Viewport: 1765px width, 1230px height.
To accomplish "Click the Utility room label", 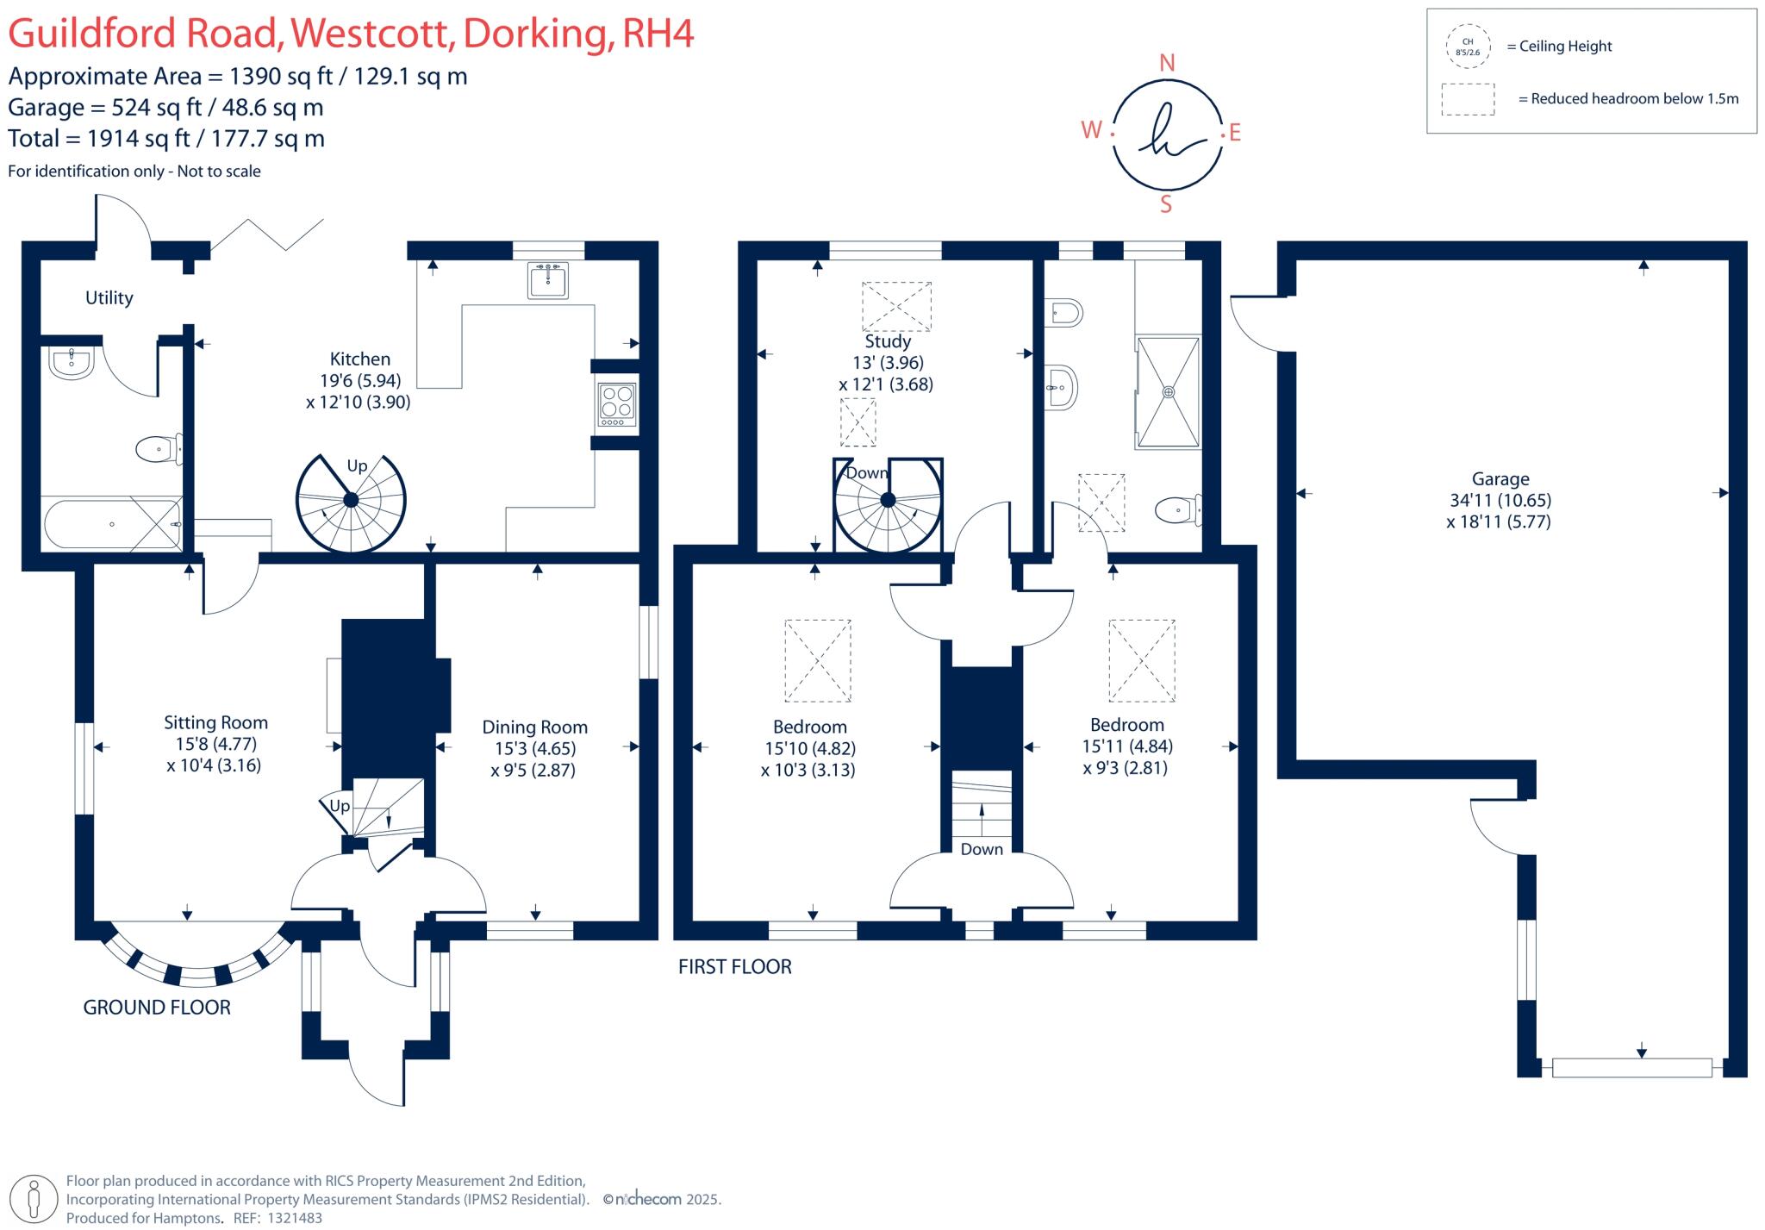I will click(109, 298).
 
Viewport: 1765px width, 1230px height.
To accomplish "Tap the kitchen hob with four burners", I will click(617, 404).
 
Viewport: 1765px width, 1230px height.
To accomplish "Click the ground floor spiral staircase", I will click(351, 501).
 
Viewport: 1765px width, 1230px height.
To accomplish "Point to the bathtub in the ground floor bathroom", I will click(112, 524).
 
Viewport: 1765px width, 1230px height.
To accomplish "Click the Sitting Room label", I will click(215, 723).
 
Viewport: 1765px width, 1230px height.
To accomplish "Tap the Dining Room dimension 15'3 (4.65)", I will click(534, 748).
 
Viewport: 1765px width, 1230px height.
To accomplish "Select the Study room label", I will click(887, 341).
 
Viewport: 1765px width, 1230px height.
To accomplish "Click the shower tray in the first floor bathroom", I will click(1169, 392).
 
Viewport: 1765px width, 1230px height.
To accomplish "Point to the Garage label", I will click(1500, 479).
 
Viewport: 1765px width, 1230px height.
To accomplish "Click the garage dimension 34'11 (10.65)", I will click(1500, 500).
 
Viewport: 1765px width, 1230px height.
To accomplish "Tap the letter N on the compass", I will click(1167, 63).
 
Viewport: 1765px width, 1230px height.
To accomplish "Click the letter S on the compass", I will click(1166, 204).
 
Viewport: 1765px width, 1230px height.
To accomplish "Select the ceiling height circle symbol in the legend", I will click(1468, 47).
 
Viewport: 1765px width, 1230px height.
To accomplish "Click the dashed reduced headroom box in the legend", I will click(1468, 99).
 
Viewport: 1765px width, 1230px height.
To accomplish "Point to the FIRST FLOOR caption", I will click(734, 967).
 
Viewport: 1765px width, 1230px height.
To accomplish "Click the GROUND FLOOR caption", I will click(157, 1008).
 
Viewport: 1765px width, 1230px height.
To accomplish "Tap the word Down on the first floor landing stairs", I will click(982, 849).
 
